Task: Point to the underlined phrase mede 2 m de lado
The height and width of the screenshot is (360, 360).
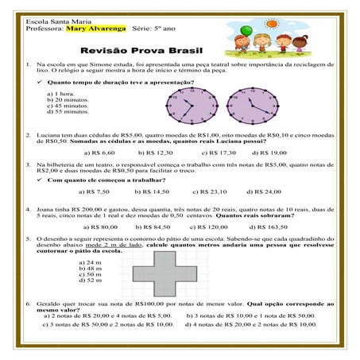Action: point(117,246)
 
